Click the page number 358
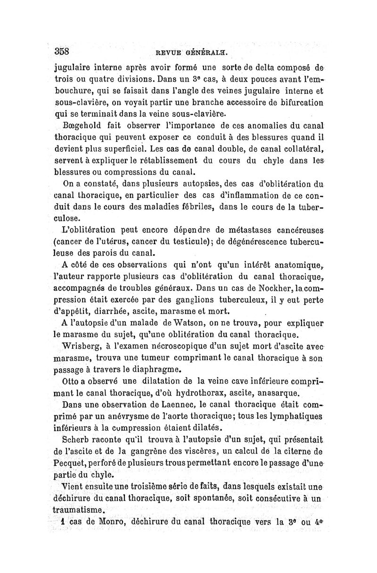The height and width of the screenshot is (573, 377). pyautogui.click(x=62, y=51)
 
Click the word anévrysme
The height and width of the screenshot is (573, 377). pyautogui.click(x=112, y=415)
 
